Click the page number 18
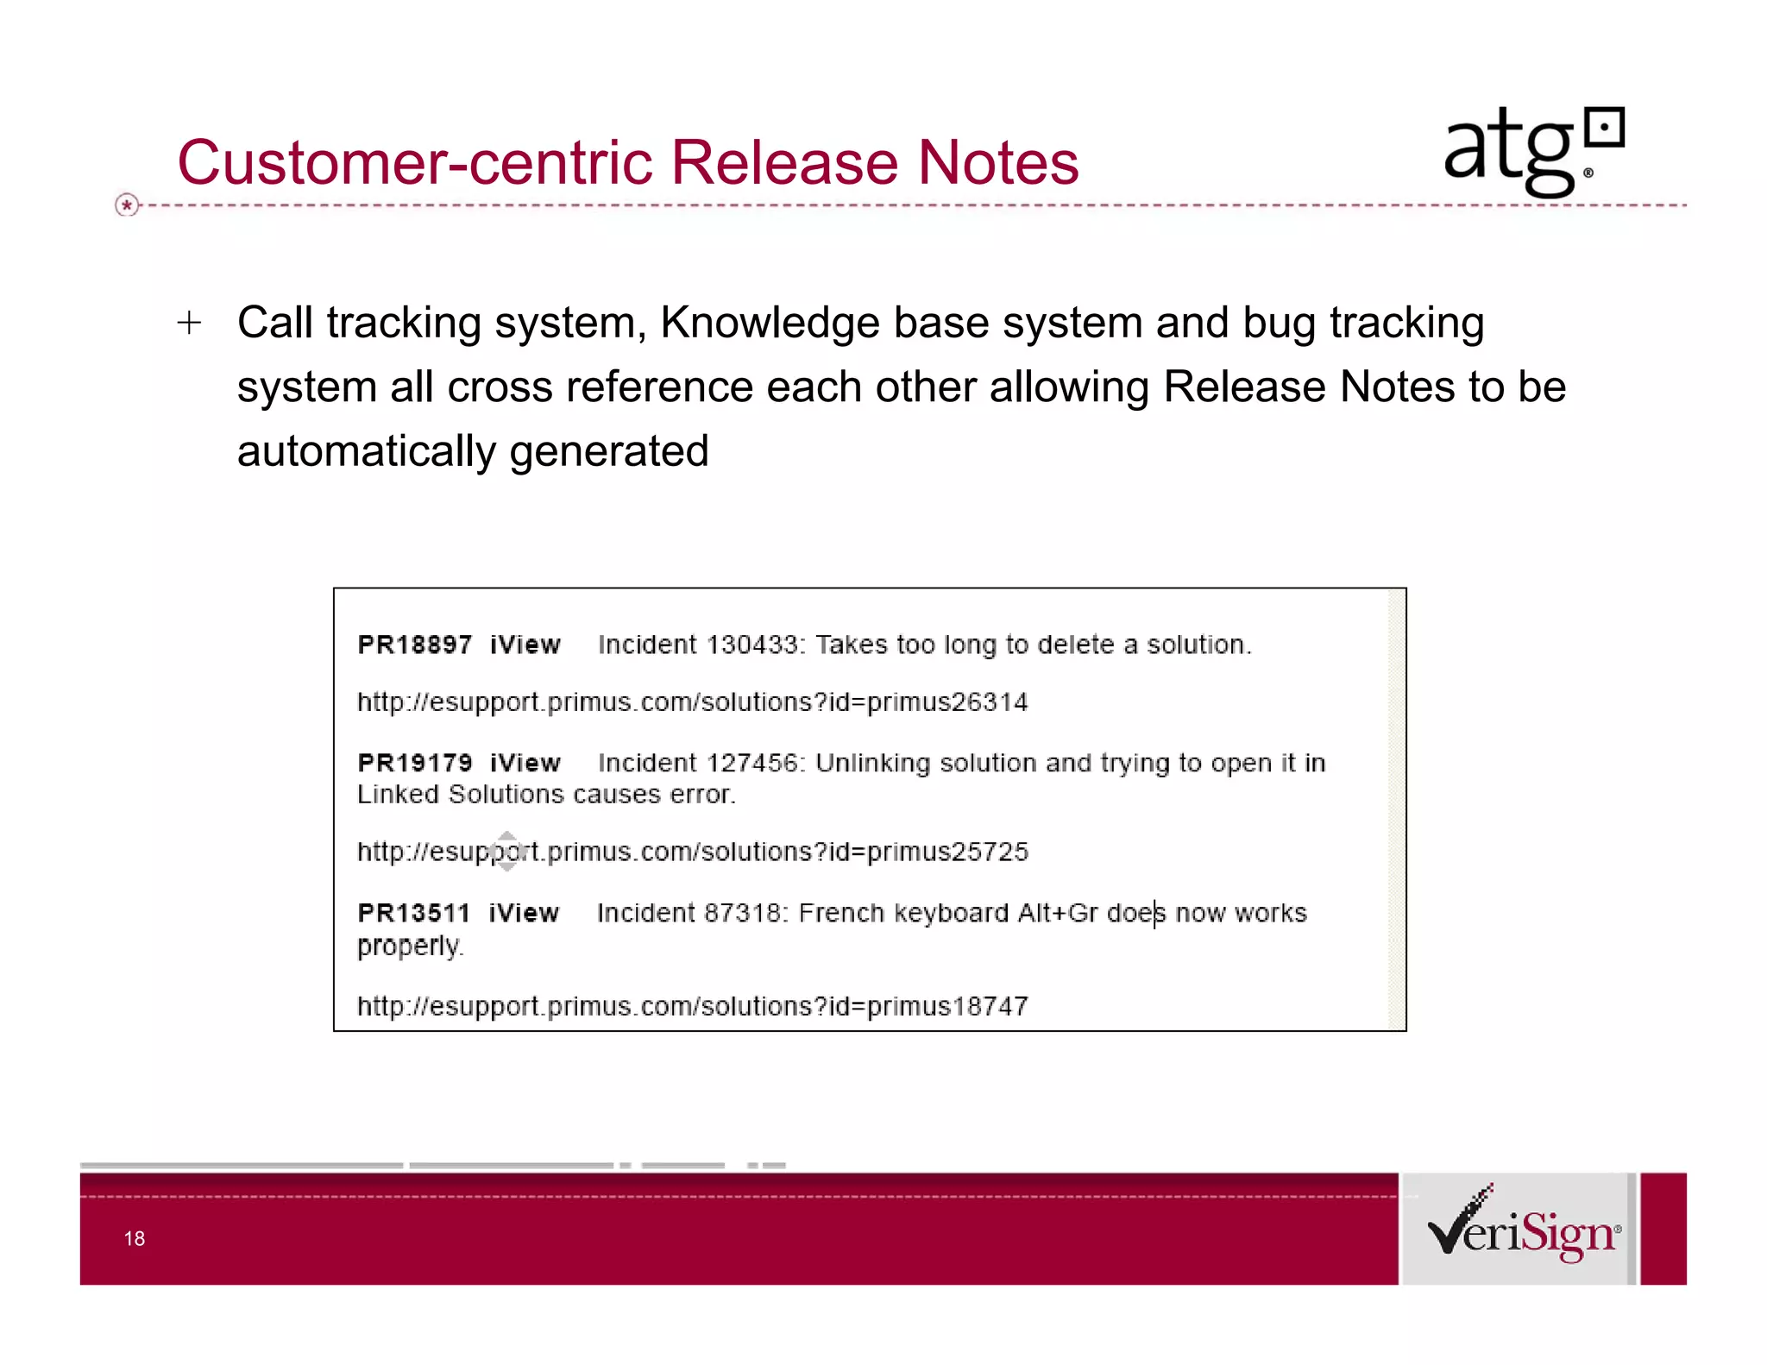(x=135, y=1239)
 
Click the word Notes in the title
(x=997, y=162)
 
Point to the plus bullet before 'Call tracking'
(x=189, y=324)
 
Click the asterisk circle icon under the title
(x=127, y=205)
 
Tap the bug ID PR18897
(x=414, y=645)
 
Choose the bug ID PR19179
(x=414, y=764)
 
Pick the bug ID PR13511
(x=413, y=913)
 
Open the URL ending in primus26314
(x=692, y=702)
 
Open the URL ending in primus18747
(x=692, y=1007)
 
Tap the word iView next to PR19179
(x=525, y=764)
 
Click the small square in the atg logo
(x=1605, y=129)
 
